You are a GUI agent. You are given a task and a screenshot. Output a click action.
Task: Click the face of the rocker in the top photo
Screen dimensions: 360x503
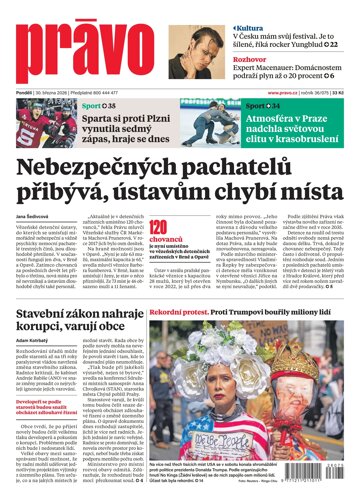point(221,27)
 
